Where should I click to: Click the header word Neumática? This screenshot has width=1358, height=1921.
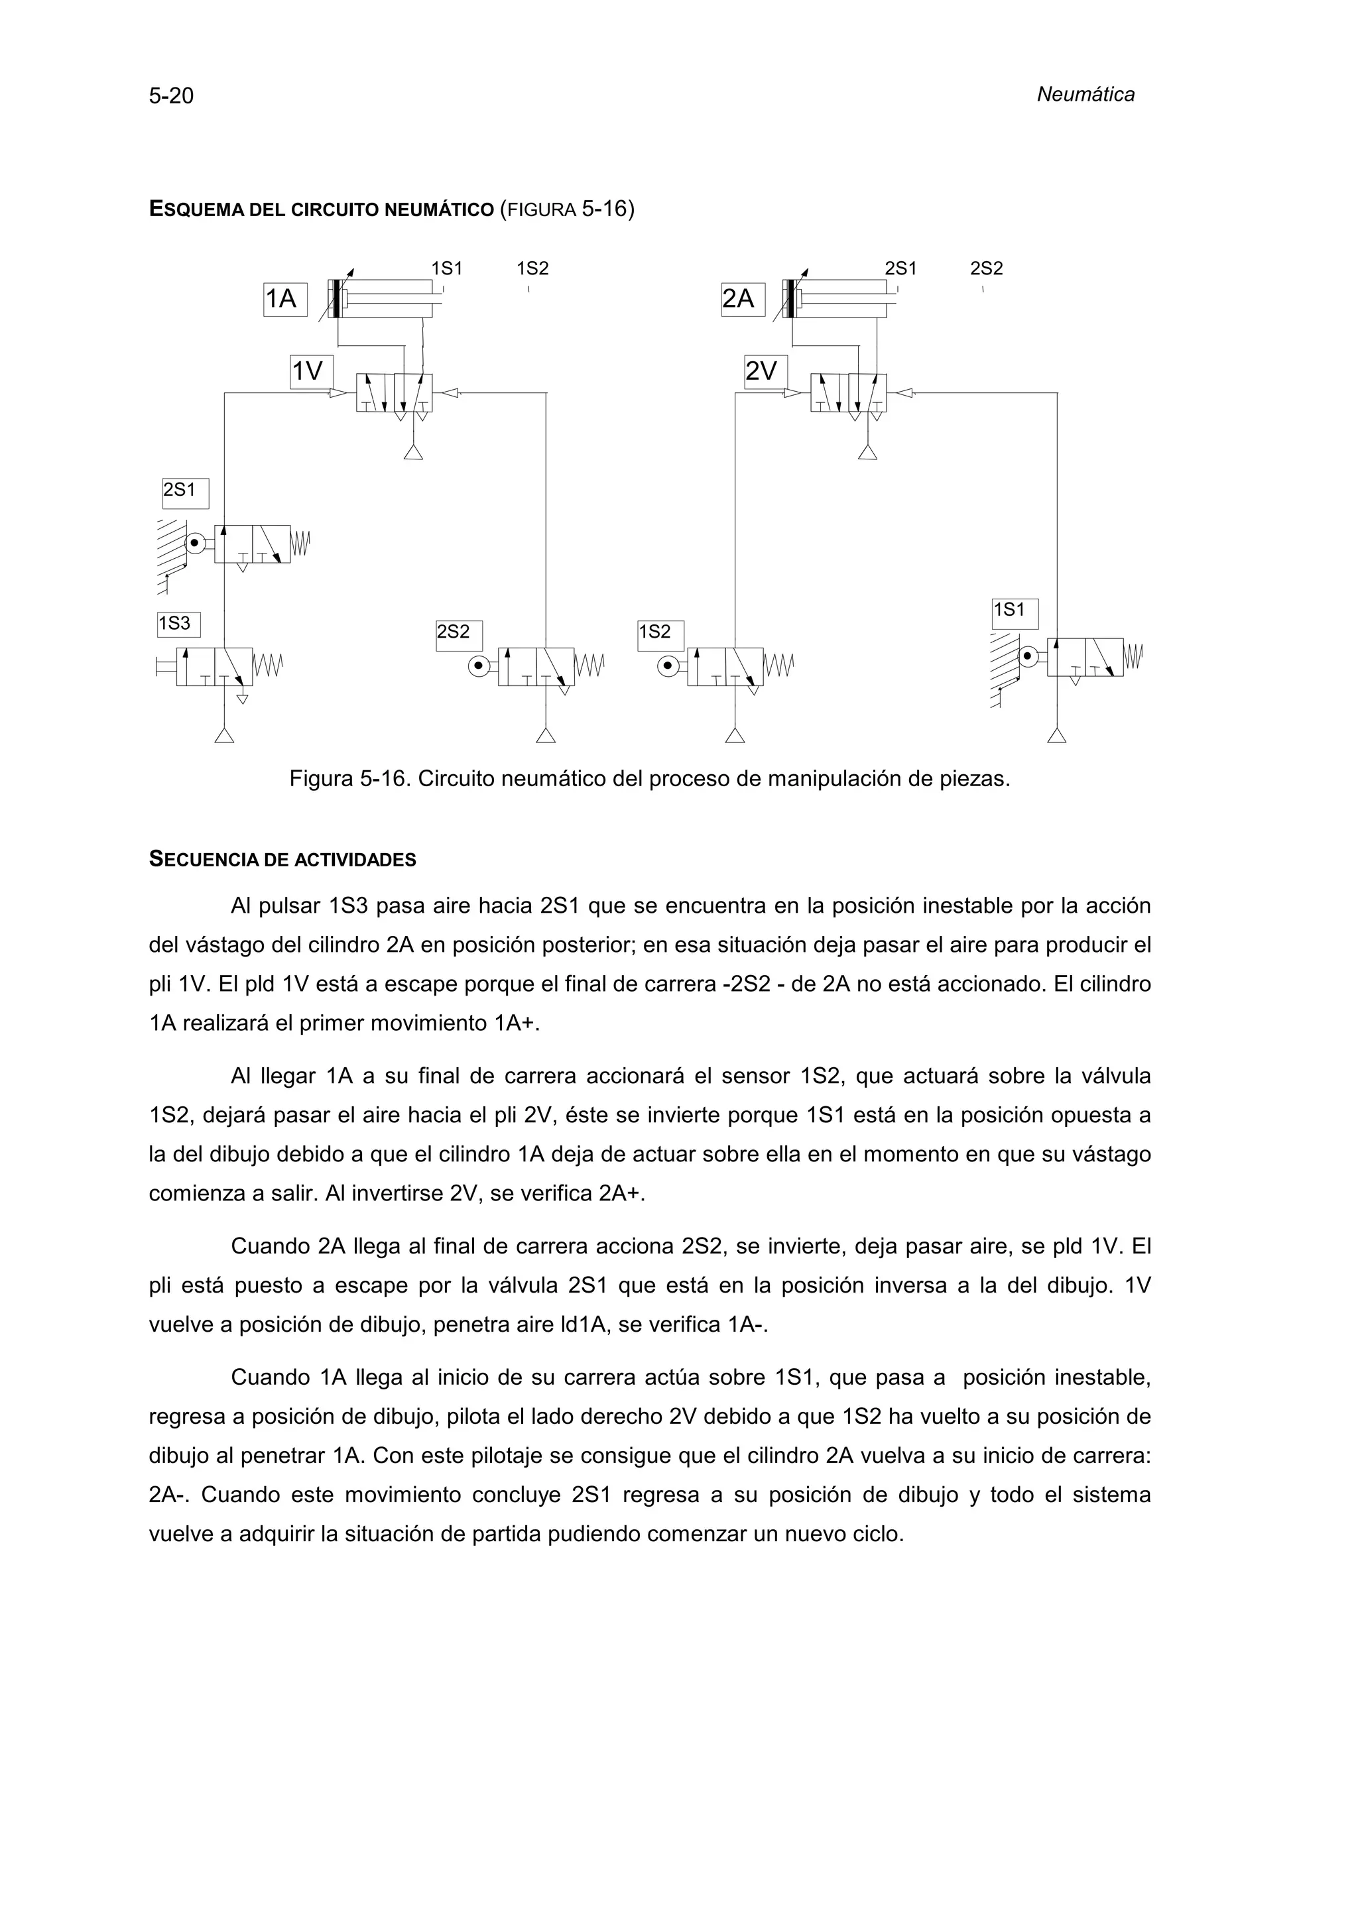1085,95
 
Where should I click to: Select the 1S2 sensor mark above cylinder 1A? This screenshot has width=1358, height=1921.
532,269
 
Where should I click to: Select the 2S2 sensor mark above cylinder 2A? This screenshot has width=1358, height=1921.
985,269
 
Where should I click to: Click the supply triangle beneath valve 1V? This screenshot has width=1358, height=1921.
412,453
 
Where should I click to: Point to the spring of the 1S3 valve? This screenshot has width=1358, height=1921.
269,666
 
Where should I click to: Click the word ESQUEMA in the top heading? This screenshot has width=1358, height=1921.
197,209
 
